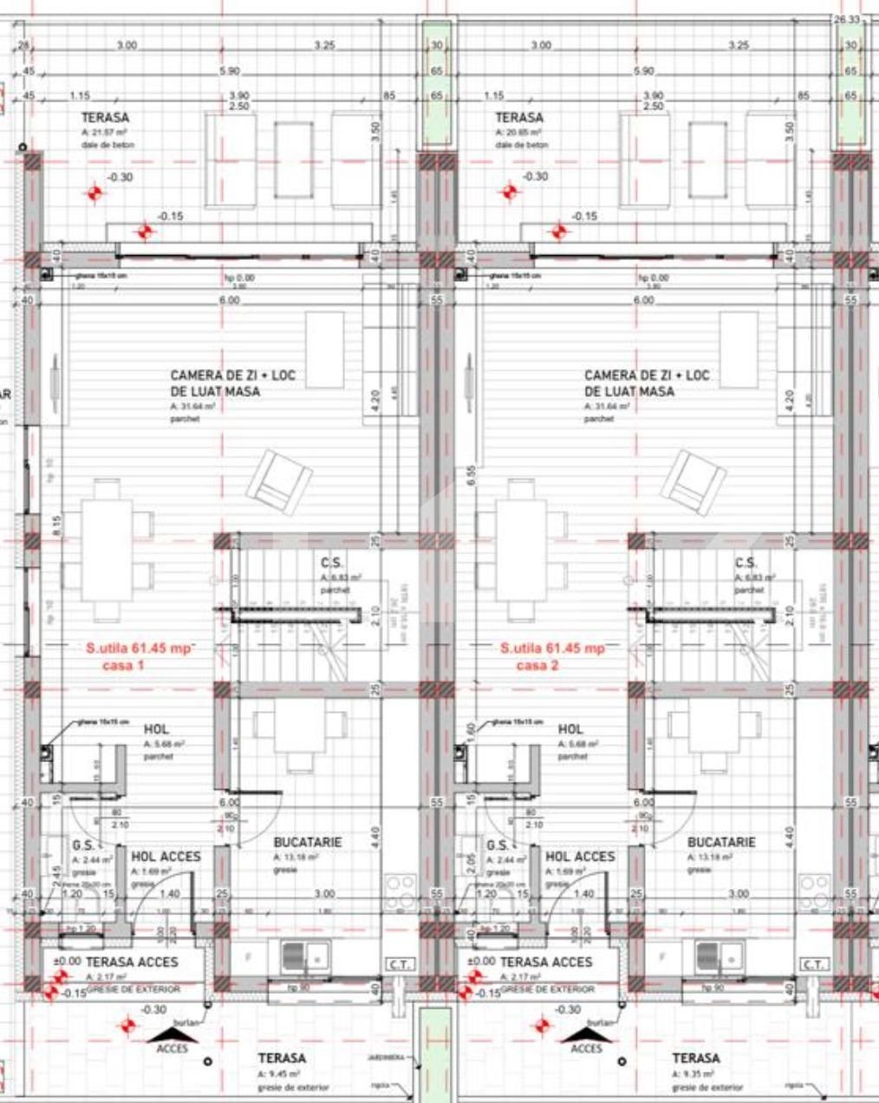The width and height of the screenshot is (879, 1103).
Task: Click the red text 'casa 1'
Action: [123, 665]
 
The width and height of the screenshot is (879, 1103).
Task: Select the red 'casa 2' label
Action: [537, 665]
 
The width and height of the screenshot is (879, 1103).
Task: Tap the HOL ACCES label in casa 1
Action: [166, 856]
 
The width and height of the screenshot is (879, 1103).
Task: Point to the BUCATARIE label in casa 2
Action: [721, 842]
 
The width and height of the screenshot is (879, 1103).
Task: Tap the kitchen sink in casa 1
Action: [304, 957]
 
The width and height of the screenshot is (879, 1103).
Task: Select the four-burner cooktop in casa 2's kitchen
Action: [815, 892]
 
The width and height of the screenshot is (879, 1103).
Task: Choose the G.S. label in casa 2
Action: [498, 845]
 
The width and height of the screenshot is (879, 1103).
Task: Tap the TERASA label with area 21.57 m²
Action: [106, 117]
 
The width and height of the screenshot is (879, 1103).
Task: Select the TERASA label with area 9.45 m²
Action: [282, 1058]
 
